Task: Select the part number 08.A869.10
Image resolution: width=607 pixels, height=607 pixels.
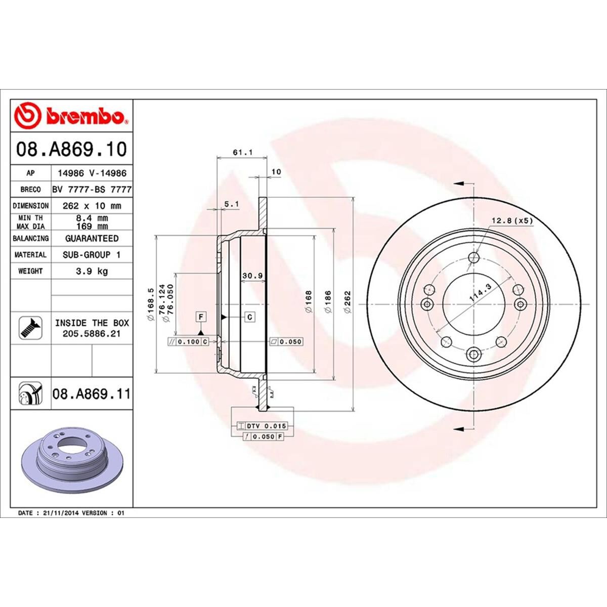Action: (71, 149)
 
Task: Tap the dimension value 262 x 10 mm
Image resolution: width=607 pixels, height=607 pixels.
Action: (92, 206)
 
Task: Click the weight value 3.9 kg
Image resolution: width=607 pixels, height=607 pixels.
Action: (92, 271)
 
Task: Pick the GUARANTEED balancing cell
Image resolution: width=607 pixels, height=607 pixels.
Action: (92, 238)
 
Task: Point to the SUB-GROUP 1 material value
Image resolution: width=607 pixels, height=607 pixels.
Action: (92, 255)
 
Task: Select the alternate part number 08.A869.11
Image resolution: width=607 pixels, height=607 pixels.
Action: (92, 393)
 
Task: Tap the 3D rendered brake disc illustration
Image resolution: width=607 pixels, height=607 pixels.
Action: (71, 458)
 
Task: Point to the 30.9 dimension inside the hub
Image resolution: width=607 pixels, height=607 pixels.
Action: (251, 276)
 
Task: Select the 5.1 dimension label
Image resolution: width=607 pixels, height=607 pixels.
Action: (230, 204)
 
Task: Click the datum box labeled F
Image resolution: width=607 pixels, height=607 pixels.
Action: (201, 317)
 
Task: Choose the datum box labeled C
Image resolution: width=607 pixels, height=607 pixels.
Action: (250, 317)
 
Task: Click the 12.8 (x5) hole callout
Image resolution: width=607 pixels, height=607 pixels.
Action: (512, 221)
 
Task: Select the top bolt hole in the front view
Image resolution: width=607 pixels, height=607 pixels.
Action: (473, 258)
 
